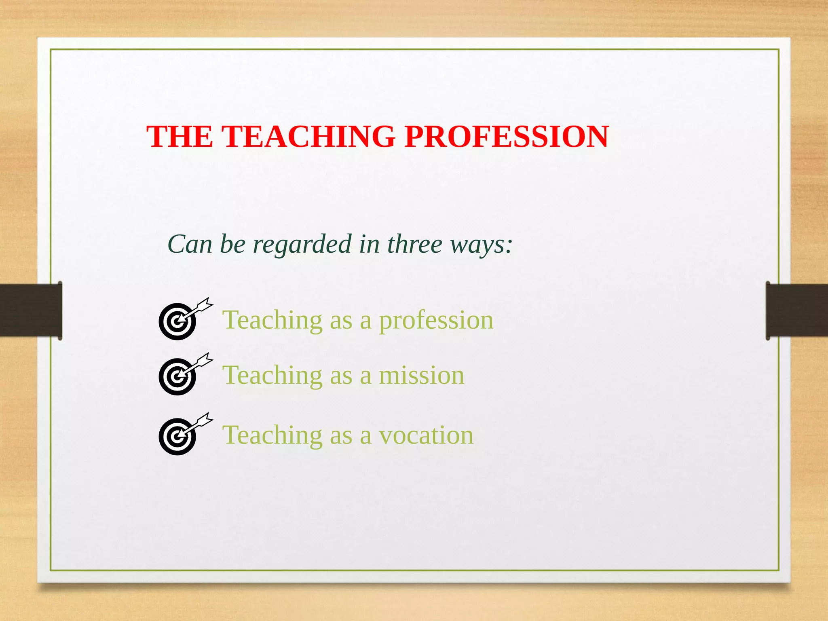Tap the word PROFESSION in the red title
(506, 136)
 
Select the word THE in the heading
(179, 136)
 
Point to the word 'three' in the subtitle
(414, 244)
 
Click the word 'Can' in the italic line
(190, 244)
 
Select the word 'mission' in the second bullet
(421, 375)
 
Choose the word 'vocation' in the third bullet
(426, 435)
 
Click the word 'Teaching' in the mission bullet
(272, 376)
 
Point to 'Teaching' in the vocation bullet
(272, 436)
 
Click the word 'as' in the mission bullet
(340, 376)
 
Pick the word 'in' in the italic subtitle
(369, 244)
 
